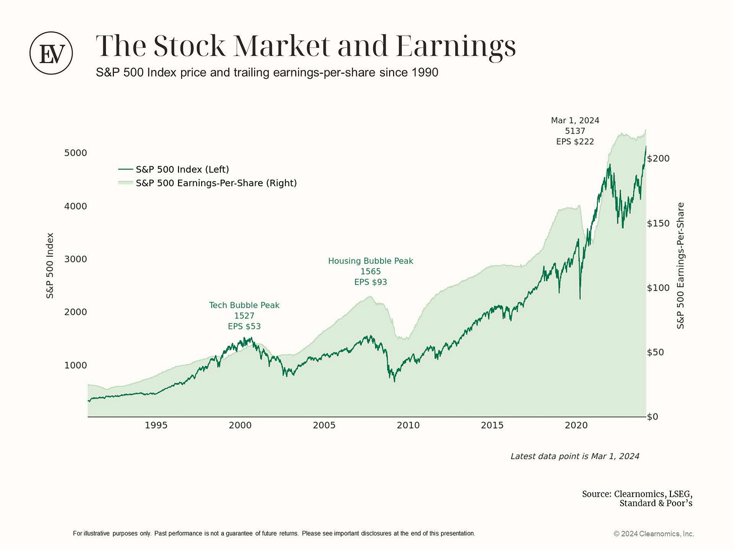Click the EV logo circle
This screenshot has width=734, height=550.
pos(51,53)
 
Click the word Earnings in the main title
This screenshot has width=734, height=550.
pos(456,46)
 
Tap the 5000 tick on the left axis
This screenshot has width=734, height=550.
pos(76,153)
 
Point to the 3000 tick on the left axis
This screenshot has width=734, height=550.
pos(76,259)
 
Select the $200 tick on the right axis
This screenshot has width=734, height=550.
pos(658,159)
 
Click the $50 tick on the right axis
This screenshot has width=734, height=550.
pos(656,352)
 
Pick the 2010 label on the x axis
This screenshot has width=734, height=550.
pos(408,425)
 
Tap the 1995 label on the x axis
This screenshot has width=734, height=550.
pos(156,425)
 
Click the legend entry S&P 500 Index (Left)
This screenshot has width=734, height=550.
pos(182,170)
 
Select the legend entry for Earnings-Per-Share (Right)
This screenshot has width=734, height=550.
pos(216,183)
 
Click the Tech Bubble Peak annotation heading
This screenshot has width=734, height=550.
pos(244,305)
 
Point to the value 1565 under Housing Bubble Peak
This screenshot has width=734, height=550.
pos(371,271)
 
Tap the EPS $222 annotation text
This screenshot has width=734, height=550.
pos(575,142)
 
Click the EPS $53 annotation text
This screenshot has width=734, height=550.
pos(244,326)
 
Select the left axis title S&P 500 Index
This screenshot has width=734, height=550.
pos(50,265)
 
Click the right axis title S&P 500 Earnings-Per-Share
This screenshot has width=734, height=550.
pos(681,265)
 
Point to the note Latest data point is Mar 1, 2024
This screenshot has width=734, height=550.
pos(575,456)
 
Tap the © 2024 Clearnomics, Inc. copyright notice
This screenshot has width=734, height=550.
pos(654,534)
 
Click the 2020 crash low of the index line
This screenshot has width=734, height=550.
pos(580,299)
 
